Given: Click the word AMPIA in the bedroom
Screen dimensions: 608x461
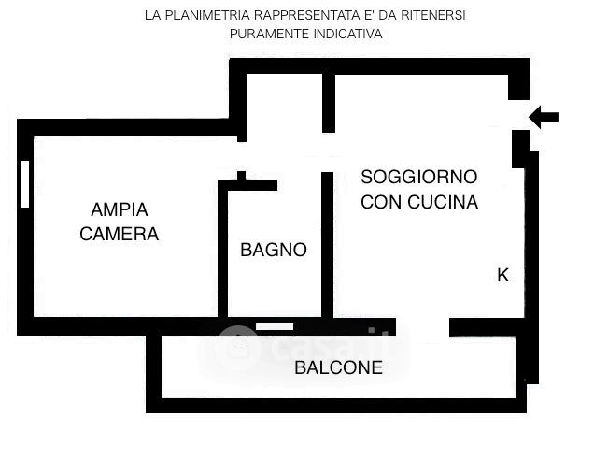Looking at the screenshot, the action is pyautogui.click(x=120, y=209).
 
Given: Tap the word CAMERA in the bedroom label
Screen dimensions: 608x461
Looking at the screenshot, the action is pyautogui.click(x=120, y=234).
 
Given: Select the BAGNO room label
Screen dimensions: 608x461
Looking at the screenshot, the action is pyautogui.click(x=274, y=250).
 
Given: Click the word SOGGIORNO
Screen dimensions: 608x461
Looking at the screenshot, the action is pyautogui.click(x=418, y=177).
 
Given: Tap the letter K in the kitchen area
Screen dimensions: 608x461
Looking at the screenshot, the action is pyautogui.click(x=502, y=275).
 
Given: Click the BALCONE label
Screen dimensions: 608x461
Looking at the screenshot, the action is pyautogui.click(x=338, y=367).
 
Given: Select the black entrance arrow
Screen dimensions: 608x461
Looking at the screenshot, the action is pyautogui.click(x=544, y=117).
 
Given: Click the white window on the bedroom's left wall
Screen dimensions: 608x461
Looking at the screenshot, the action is pyautogui.click(x=25, y=184).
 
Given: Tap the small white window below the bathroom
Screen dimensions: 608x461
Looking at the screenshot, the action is pyautogui.click(x=275, y=326).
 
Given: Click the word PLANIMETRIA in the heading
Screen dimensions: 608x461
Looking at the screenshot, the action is pyautogui.click(x=207, y=15).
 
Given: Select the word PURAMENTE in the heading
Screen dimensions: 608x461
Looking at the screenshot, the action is pyautogui.click(x=270, y=34).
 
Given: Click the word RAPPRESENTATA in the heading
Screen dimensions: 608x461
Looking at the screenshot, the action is pyautogui.click(x=306, y=15).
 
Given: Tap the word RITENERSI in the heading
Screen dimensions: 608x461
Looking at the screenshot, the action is pyautogui.click(x=433, y=15).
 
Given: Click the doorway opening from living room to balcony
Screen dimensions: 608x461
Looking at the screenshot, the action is pyautogui.click(x=423, y=327).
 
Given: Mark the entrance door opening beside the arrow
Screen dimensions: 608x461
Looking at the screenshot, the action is pyautogui.click(x=518, y=115).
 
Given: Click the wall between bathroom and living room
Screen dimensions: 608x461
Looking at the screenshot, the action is pyautogui.click(x=328, y=245).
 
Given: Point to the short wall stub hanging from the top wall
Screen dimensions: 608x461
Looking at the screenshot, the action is pyautogui.click(x=329, y=103).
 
